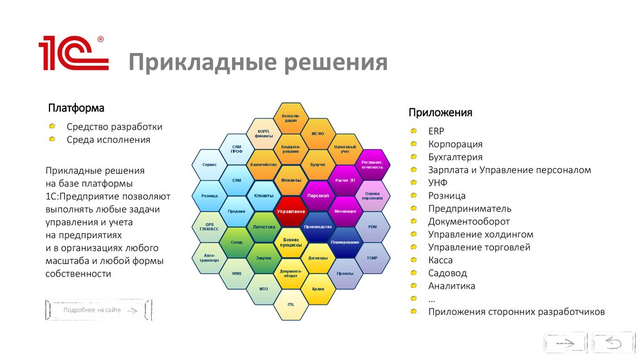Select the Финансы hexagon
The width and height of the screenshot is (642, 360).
[290, 180]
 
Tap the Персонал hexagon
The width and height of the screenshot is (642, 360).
[318, 195]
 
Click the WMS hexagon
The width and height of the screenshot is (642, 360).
[236, 273]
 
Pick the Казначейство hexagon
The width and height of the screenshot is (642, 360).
[263, 164]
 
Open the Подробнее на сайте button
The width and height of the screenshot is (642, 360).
[98, 310]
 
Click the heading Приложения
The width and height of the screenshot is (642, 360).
[440, 112]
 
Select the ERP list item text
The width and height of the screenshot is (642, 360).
[436, 130]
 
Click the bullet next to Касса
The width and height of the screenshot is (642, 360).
[414, 260]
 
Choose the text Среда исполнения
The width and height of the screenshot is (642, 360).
[108, 139]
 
